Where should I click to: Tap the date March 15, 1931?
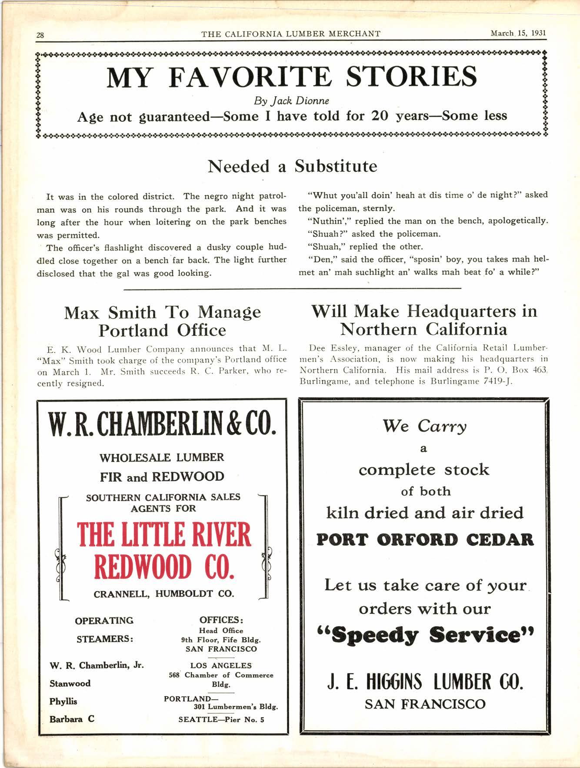(518, 34)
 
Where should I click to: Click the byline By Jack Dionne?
(291, 101)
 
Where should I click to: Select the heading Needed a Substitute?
(292, 166)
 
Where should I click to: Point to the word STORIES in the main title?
(411, 77)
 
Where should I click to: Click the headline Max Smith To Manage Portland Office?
(162, 321)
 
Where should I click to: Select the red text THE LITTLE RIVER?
(164, 535)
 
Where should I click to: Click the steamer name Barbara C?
(72, 719)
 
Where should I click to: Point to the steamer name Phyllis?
(63, 701)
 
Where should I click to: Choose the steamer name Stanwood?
(70, 683)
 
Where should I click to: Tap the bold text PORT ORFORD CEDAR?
(425, 540)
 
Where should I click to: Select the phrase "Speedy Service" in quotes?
(424, 635)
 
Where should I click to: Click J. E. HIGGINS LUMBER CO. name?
(424, 682)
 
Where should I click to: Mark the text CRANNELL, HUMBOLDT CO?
(164, 593)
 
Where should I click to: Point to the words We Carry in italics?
(424, 426)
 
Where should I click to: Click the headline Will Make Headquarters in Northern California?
(424, 320)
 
